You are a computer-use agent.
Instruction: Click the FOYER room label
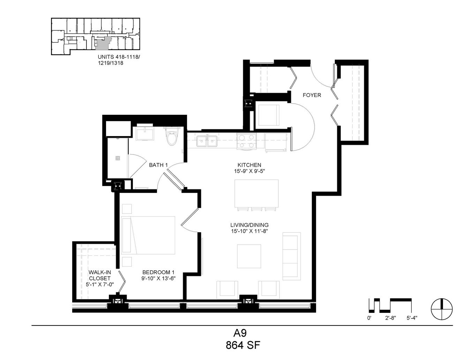coord(311,95)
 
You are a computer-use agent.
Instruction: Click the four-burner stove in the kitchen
coord(246,141)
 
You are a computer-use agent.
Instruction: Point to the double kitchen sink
coord(207,141)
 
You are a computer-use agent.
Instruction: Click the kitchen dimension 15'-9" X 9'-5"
coord(249,171)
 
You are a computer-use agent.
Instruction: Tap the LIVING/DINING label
coord(249,225)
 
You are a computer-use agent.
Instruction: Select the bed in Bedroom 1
coord(148,235)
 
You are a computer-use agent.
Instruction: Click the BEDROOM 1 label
coord(158,272)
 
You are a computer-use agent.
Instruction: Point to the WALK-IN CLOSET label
coord(100,275)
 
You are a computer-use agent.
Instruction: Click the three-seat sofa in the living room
coord(292,256)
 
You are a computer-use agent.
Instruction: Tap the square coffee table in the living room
coord(249,256)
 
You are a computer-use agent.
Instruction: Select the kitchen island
coord(256,193)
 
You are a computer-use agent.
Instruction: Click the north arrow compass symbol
coord(442,309)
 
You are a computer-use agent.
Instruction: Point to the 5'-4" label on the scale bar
coord(412,318)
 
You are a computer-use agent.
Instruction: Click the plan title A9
coord(240,333)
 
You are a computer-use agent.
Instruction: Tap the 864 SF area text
coord(243,345)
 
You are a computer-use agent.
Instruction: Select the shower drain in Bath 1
coord(118,158)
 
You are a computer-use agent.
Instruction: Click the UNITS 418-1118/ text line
coord(119,57)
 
